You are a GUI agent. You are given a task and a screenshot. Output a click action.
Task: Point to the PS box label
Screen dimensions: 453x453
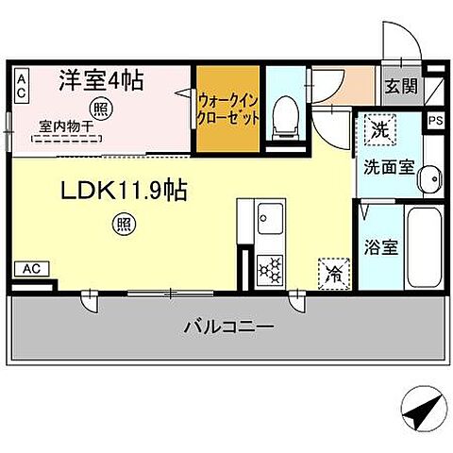point(434,120)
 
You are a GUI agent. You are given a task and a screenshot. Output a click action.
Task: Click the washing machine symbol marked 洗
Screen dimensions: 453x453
point(377,130)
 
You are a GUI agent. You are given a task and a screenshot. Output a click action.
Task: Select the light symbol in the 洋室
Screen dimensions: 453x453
point(101,108)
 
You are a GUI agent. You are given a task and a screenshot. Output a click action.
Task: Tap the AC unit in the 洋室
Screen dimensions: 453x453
point(21,87)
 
